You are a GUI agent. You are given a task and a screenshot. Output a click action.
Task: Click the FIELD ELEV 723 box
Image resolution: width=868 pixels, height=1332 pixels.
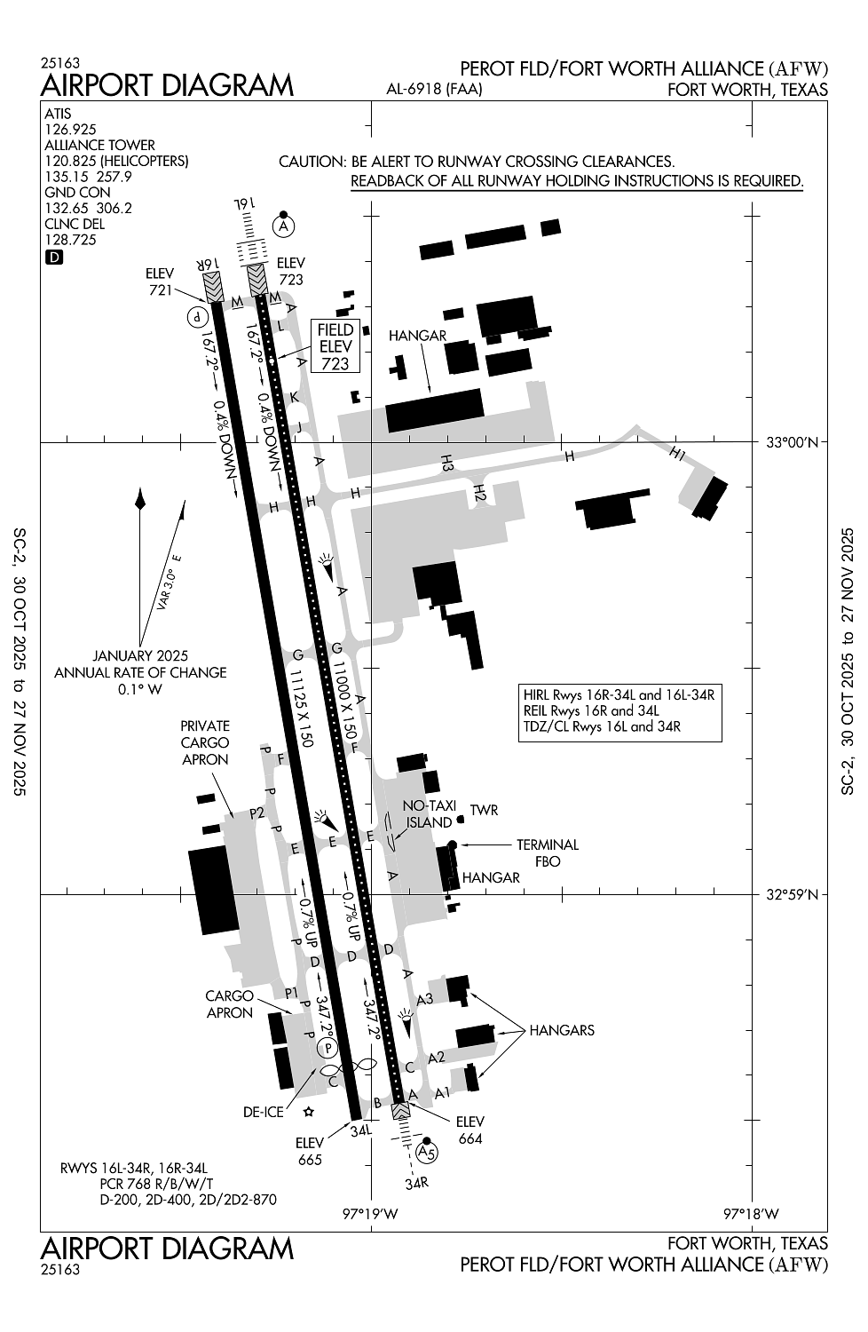[x=335, y=346]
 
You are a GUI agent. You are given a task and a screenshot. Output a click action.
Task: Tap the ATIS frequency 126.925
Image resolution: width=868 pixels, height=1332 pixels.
[x=70, y=130]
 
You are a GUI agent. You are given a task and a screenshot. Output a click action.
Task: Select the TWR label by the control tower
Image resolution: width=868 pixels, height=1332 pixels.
[x=484, y=810]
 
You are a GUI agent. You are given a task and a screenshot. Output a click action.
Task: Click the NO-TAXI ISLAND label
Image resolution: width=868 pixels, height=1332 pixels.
[x=429, y=813]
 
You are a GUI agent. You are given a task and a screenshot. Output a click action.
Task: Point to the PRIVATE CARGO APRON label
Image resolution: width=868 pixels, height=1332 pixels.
[x=205, y=742]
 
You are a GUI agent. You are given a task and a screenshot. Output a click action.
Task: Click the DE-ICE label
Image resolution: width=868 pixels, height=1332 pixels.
[x=264, y=1112]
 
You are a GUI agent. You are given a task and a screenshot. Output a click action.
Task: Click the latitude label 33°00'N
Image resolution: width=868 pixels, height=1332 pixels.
[x=792, y=442]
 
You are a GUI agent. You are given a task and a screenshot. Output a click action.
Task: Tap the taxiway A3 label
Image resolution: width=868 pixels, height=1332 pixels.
[x=425, y=999]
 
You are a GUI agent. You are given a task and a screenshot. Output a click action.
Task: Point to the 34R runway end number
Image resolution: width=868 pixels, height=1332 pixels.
[x=416, y=1184]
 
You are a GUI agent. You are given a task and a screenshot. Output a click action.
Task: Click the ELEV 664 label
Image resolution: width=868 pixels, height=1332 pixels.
[x=470, y=1130]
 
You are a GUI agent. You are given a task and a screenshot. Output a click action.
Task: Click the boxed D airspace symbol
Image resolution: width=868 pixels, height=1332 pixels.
[x=54, y=258]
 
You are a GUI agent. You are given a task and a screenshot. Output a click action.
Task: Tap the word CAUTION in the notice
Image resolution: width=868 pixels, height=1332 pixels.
[x=311, y=162]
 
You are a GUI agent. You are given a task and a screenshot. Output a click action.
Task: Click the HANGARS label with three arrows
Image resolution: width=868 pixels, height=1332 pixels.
[x=562, y=1031]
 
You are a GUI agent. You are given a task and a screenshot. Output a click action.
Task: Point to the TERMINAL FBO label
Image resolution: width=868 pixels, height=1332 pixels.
[x=548, y=852]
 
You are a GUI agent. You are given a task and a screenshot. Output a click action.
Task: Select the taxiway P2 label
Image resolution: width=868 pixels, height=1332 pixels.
[x=256, y=813]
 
